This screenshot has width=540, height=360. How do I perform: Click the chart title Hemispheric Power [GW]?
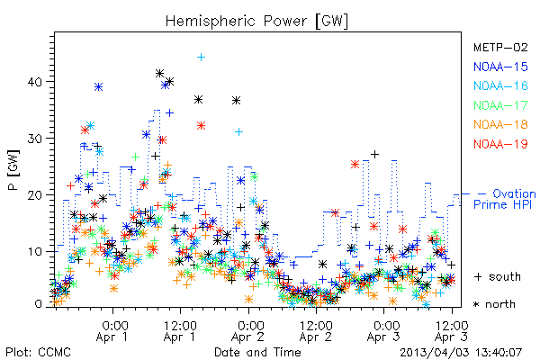[256, 21]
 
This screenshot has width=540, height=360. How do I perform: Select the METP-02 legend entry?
[500, 47]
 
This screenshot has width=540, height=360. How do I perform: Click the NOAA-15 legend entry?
[500, 67]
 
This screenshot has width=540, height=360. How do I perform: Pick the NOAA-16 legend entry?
[500, 85]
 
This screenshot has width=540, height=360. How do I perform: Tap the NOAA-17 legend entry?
[500, 105]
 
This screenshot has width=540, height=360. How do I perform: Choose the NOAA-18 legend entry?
[500, 124]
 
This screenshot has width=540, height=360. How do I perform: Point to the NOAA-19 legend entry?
[500, 144]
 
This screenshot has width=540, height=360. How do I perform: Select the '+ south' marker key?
[497, 276]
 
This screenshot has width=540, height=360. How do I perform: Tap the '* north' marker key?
[494, 304]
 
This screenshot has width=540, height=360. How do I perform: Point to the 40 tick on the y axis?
[35, 82]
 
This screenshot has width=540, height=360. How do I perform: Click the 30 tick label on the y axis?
[35, 139]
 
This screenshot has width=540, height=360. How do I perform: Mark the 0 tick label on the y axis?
[39, 304]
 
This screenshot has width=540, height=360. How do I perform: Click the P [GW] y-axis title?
[14, 170]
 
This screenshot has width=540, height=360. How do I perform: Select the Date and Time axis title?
[257, 352]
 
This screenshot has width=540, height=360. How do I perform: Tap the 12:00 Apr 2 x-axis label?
[316, 331]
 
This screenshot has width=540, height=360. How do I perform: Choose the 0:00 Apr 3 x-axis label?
[383, 331]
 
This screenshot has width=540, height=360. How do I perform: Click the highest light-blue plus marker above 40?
[201, 58]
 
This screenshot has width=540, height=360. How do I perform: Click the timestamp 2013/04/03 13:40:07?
[461, 353]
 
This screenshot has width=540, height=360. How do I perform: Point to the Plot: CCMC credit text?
[38, 353]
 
